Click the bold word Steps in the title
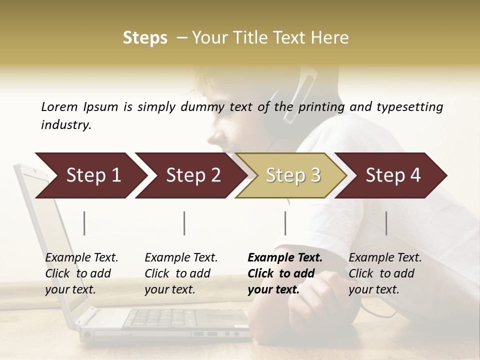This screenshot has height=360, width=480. (x=145, y=38)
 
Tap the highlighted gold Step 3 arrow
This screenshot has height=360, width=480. (x=293, y=175)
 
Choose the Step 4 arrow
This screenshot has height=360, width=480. (x=393, y=175)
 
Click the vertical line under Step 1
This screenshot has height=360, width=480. (x=84, y=223)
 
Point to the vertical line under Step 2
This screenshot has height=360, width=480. (x=184, y=223)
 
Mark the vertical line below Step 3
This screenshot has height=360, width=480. (x=285, y=223)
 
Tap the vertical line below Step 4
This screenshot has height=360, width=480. (x=386, y=223)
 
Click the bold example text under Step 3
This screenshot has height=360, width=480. (x=284, y=273)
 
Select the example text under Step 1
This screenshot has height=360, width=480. (x=81, y=273)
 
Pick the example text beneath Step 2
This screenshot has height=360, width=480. (x=181, y=273)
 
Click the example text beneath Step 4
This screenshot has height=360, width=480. (x=385, y=273)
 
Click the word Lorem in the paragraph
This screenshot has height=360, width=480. (x=59, y=106)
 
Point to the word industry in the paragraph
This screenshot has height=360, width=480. (x=65, y=124)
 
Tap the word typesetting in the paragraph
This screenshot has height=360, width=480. (x=409, y=106)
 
